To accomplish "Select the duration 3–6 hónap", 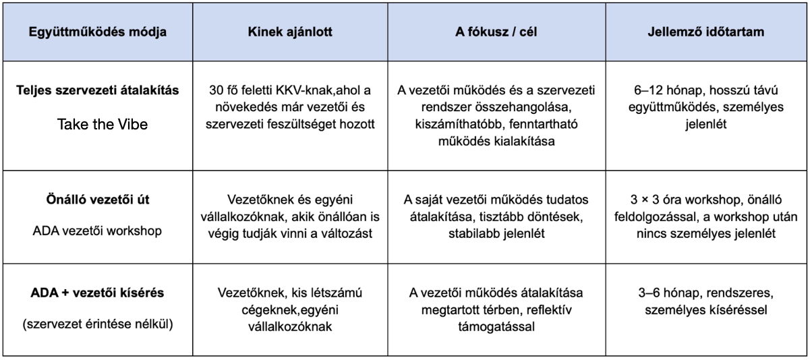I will point(664,295).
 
